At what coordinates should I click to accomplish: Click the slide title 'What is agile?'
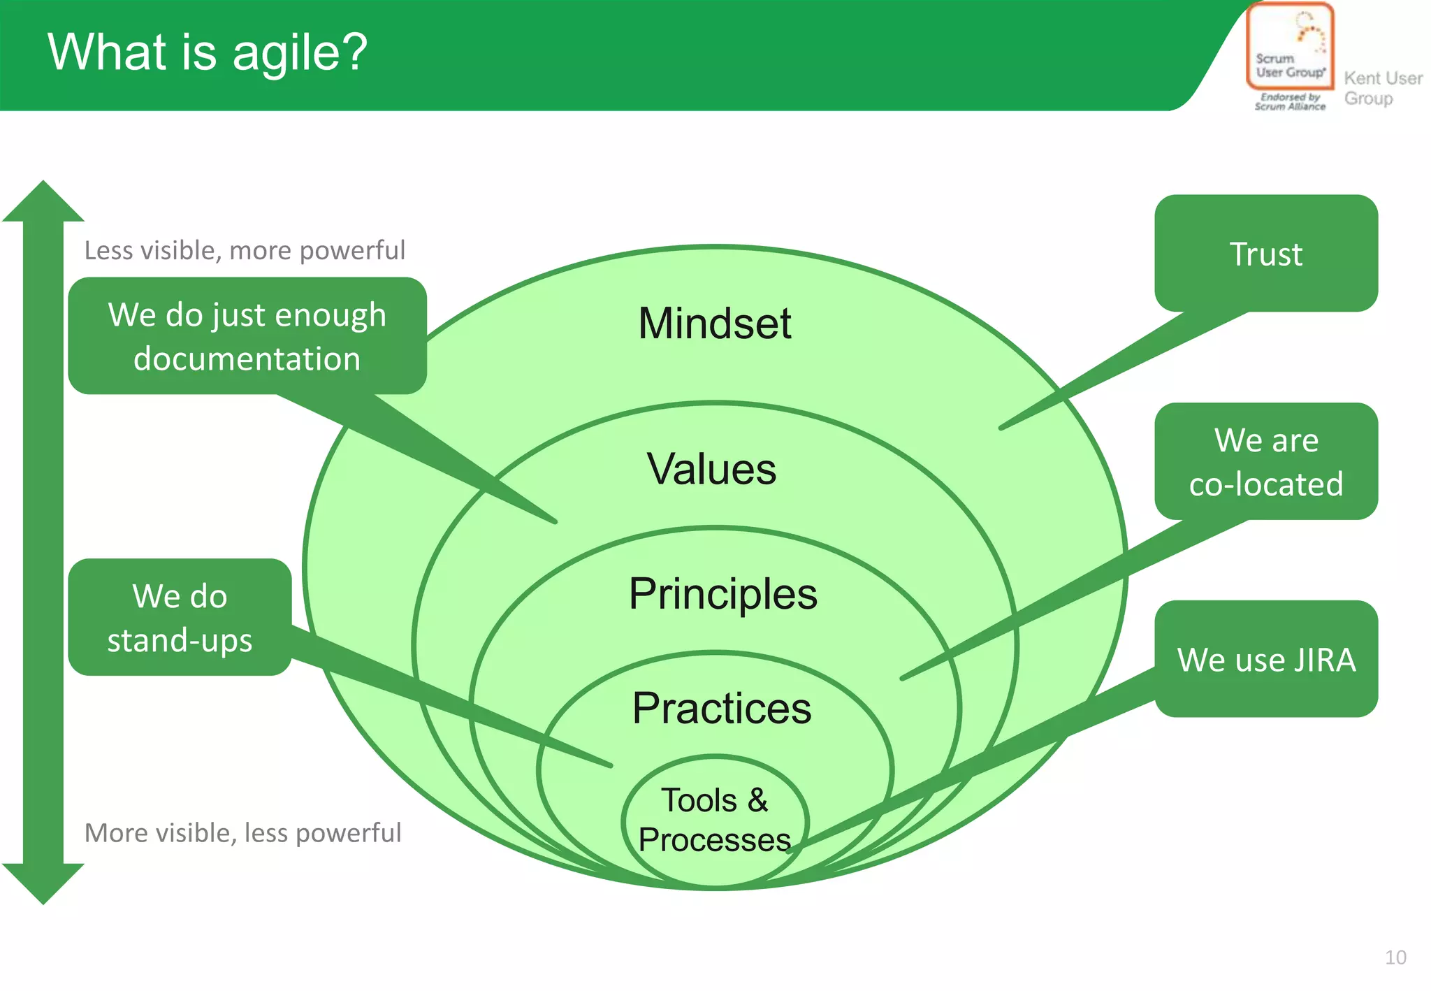pos(208,52)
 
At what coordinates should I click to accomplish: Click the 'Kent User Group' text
pos(1382,88)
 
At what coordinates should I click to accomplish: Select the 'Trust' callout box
pos(1265,253)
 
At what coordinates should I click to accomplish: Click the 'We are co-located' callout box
pos(1265,461)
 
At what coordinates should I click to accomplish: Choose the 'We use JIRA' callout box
pos(1265,659)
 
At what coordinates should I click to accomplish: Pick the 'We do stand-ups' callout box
pos(180,617)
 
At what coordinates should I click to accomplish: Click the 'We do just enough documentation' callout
pos(247,336)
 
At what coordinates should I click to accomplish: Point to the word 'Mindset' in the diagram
pos(714,324)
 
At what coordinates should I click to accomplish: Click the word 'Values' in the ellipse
pos(711,468)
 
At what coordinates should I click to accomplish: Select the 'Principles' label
pos(722,594)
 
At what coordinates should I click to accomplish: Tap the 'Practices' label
pos(721,708)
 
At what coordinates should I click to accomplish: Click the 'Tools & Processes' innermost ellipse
pos(714,820)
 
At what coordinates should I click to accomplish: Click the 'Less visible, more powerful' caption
pos(245,250)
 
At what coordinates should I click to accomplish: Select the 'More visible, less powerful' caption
pos(242,833)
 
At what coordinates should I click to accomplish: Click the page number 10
pos(1395,957)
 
